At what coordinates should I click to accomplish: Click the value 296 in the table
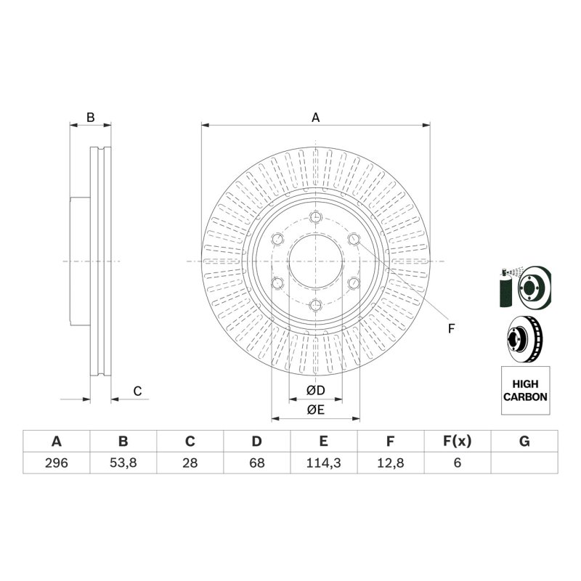(57, 463)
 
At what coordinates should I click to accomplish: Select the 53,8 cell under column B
(123, 463)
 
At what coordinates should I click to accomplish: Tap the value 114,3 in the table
(323, 463)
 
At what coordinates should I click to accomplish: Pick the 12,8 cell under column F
(391, 463)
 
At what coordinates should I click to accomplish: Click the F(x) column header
(458, 442)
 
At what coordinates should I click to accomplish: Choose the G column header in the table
(524, 442)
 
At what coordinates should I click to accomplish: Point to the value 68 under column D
(257, 463)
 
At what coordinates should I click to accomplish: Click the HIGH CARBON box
(525, 391)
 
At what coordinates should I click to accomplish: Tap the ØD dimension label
(316, 390)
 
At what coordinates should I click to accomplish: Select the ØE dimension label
(316, 410)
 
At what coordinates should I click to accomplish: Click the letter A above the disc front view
(315, 118)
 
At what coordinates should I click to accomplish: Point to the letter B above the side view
(90, 118)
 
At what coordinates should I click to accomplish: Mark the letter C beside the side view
(137, 391)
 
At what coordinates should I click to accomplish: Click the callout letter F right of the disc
(451, 329)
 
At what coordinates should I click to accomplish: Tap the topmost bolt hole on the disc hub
(316, 217)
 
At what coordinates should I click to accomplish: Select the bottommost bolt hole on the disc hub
(316, 306)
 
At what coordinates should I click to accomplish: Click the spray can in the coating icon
(505, 290)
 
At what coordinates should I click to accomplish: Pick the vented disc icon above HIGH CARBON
(524, 338)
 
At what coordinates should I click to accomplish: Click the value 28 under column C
(190, 463)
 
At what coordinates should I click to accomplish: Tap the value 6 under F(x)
(458, 463)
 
